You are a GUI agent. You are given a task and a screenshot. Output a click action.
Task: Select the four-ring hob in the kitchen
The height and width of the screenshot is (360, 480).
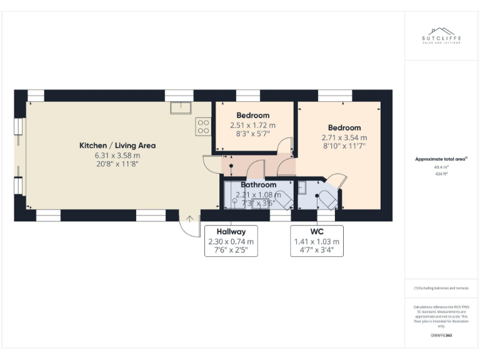coord(203,127)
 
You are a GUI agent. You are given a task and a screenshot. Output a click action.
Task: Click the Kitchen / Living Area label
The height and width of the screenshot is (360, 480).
coord(117,146)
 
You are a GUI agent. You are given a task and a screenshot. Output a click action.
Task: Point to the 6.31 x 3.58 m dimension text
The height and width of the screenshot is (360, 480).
coord(117,155)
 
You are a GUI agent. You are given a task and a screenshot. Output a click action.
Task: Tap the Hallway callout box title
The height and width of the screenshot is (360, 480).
coord(231,232)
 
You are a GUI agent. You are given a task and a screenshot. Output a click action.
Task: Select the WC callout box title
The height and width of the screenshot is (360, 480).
coord(316,232)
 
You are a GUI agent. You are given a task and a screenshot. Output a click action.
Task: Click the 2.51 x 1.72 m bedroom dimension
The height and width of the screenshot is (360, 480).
coord(252,125)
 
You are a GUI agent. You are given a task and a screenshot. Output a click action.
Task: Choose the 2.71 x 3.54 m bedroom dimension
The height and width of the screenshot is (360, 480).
coord(344,137)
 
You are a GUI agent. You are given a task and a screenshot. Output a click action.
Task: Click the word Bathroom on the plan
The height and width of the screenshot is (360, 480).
coord(259,185)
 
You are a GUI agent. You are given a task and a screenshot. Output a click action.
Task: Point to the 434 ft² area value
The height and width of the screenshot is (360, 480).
coord(441,174)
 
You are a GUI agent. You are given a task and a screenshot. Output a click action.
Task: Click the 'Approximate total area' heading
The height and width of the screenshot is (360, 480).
coord(441,159)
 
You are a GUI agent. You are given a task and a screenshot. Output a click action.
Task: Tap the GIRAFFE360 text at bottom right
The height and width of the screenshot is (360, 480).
coord(441,336)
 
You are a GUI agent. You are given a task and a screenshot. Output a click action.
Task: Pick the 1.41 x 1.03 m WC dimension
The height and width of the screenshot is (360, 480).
coord(316,242)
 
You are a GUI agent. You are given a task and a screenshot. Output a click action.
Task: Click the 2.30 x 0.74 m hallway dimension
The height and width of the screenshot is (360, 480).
coord(231,242)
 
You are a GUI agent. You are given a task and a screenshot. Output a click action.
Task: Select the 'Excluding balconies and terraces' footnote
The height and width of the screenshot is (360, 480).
coord(441,288)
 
